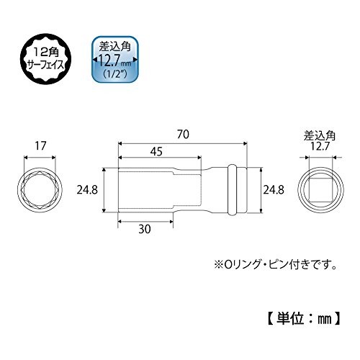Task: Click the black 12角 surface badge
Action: click(45, 58)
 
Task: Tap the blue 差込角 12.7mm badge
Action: click(115, 60)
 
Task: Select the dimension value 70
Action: click(183, 135)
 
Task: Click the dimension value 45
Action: click(156, 152)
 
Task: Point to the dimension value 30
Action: click(145, 229)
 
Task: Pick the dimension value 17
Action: click(40, 145)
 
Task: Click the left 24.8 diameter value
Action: click(87, 190)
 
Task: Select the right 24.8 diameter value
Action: click(274, 190)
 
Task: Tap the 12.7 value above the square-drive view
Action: click(319, 146)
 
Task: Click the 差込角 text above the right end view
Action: click(319, 136)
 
